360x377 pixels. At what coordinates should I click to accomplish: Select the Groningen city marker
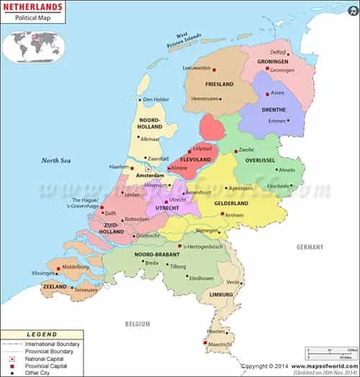267,70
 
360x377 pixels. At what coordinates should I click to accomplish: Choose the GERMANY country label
310,247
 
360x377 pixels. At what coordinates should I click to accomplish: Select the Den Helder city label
157,99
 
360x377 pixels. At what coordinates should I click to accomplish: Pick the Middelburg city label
76,267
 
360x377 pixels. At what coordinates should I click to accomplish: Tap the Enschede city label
279,186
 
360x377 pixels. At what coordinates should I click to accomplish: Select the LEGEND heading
41,334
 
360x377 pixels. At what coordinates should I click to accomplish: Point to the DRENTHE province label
273,110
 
